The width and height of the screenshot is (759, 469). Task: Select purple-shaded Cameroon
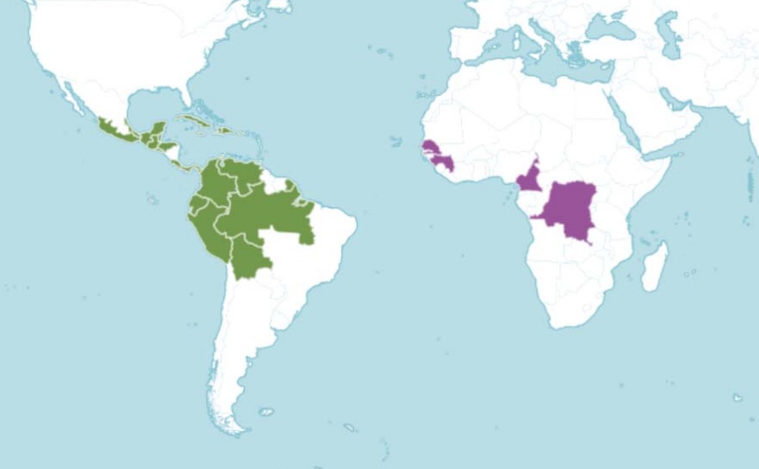coord(528,178)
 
